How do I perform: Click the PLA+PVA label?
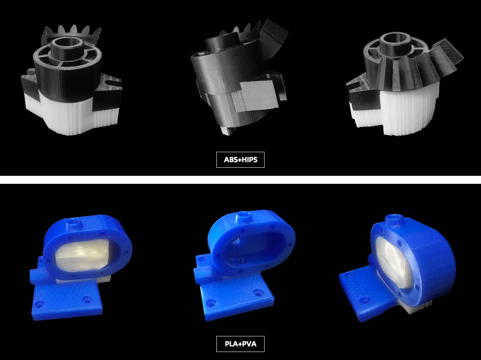click(240, 344)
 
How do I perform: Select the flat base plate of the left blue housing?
click(66, 300)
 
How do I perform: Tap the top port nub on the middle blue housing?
click(245, 217)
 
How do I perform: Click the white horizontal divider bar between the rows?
click(240, 180)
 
